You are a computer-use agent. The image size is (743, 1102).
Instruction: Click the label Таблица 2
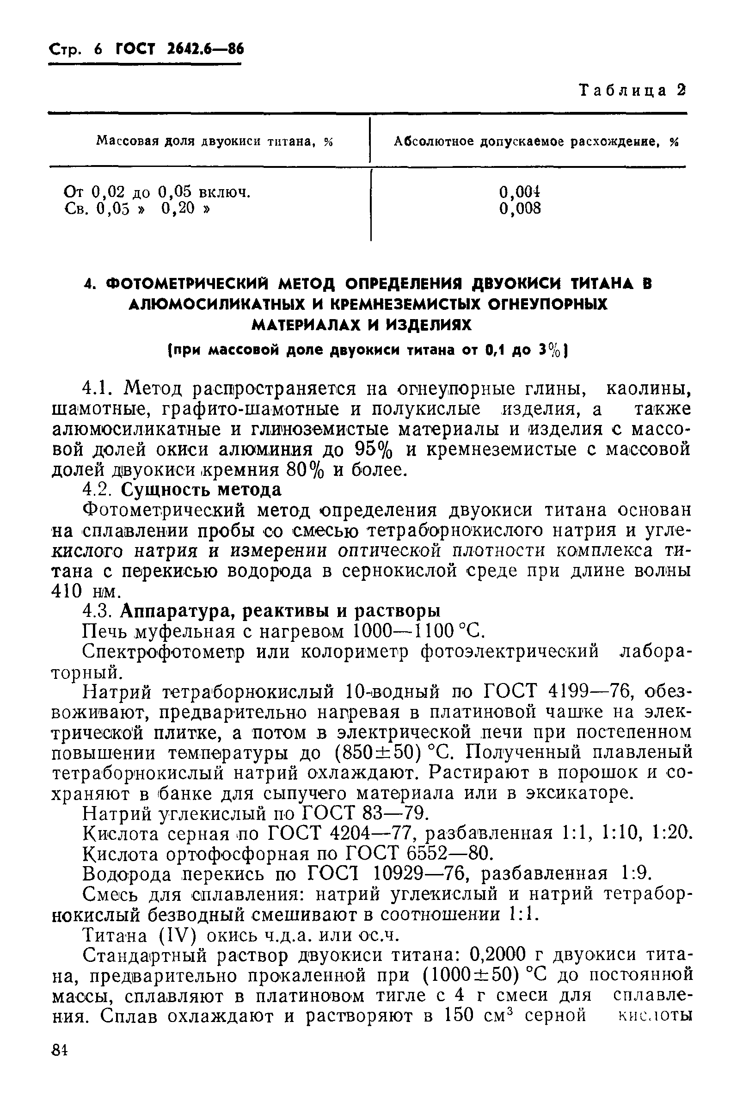point(632,90)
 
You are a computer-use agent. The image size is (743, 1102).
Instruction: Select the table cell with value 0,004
point(520,192)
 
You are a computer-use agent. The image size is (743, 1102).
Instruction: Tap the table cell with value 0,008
point(520,208)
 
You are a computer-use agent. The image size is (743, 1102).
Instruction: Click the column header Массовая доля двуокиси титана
point(215,141)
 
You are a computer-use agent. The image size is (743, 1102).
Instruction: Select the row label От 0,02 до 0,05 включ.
point(157,192)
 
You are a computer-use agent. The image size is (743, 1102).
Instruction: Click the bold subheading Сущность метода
point(201,489)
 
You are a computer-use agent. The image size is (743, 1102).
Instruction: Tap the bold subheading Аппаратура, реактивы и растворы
point(280,610)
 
